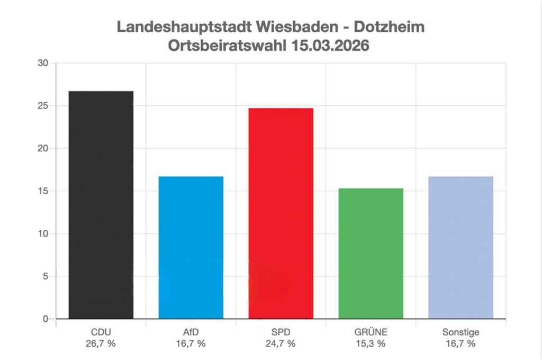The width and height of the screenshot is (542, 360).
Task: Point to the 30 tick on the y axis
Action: point(43,63)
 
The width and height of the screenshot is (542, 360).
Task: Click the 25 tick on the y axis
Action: point(43,105)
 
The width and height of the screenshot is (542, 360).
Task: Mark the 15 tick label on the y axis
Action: point(43,191)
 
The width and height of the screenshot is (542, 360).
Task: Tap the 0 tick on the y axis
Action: point(46,319)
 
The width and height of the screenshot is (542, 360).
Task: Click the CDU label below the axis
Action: point(101,332)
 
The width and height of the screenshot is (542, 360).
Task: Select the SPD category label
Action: point(281,332)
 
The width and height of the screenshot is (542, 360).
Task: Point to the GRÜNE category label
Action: point(371,332)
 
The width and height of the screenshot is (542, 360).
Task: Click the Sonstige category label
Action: point(460,332)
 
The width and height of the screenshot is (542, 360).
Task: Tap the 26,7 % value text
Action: point(101,344)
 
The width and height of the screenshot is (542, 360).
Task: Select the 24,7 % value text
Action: point(281,344)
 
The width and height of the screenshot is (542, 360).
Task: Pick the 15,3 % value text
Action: point(371,344)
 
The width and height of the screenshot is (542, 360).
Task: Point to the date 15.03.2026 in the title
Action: point(330,46)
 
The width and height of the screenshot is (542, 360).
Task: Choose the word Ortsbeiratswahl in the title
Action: point(228,46)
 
